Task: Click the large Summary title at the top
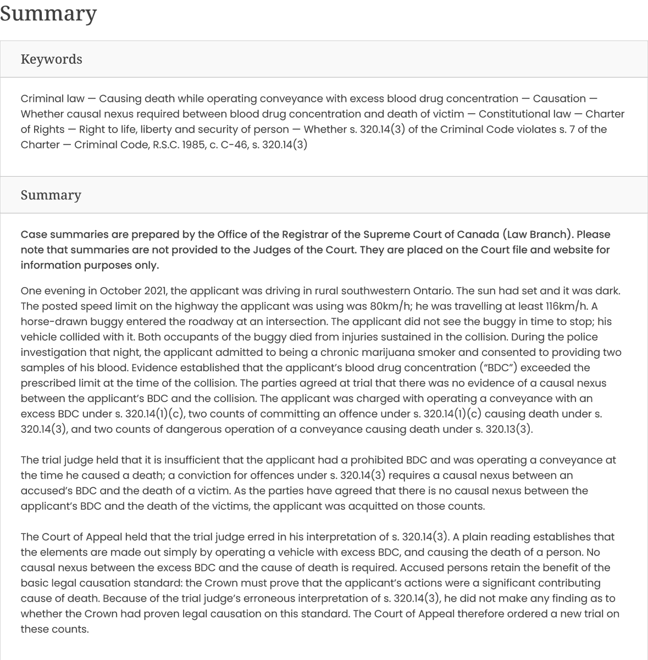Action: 48,13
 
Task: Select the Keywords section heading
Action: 51,59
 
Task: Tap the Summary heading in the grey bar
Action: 51,195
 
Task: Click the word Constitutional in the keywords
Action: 512,114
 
